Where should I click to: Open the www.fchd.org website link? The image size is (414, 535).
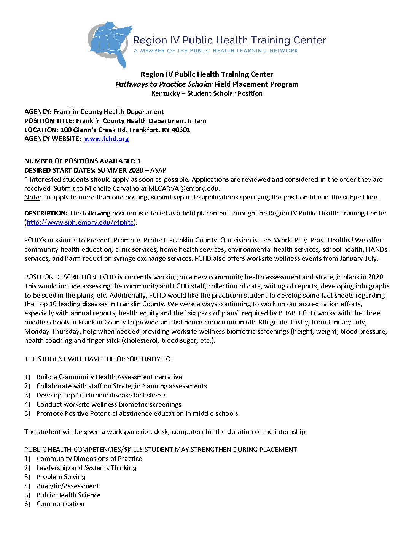107,139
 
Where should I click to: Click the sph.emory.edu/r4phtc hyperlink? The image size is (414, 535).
80,222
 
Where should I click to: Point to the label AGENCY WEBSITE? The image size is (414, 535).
53,139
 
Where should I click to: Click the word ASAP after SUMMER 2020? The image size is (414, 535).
158,170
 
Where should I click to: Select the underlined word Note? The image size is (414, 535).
32,197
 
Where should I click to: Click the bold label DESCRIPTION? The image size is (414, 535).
46,213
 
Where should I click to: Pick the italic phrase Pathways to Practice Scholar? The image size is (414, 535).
164,84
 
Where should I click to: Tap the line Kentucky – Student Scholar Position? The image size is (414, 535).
207,93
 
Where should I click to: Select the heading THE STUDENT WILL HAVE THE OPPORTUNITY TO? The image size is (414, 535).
99,359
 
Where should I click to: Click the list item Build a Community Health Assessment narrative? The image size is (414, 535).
109,377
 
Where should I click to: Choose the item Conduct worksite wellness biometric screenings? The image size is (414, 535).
109,404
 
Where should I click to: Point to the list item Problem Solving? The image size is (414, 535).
61,477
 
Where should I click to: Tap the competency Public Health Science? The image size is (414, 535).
68,495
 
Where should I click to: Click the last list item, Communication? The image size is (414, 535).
61,504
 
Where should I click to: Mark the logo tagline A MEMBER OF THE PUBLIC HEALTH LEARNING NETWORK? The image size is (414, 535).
215,51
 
